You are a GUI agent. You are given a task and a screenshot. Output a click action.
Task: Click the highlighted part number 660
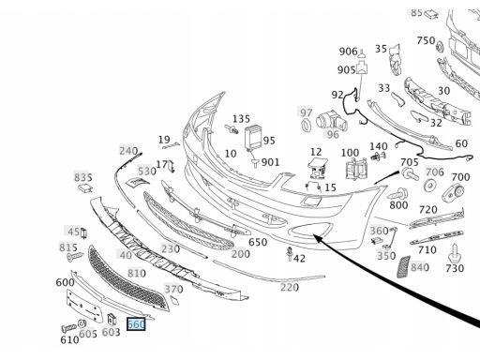click(136, 324)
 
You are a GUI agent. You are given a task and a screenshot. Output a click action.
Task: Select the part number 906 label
click(348, 52)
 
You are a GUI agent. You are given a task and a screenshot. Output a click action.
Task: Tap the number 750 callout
click(426, 40)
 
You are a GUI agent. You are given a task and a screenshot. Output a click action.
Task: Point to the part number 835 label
click(82, 177)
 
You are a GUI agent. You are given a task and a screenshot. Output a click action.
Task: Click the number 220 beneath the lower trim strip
click(290, 287)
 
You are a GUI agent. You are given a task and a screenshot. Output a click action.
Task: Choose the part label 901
click(270, 162)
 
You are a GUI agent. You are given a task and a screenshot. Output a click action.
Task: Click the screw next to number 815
click(75, 257)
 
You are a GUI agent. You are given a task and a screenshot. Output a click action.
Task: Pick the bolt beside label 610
click(68, 328)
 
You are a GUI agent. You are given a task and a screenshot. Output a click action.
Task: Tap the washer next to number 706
click(429, 186)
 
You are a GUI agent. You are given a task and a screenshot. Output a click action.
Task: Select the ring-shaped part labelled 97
click(306, 126)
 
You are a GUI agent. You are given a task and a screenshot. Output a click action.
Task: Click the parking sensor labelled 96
click(331, 121)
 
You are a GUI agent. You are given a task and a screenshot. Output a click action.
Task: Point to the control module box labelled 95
click(253, 138)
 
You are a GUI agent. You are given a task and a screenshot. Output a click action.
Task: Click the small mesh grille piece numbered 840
click(403, 266)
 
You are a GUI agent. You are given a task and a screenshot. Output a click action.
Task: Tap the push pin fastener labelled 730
click(455, 253)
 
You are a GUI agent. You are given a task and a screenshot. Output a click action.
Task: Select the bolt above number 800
click(397, 194)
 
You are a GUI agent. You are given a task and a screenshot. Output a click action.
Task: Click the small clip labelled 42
click(290, 254)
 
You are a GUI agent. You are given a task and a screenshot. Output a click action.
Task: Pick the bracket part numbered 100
click(356, 169)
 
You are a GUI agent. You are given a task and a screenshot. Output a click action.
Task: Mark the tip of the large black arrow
click(313, 234)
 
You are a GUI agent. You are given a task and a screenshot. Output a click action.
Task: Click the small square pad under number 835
click(85, 187)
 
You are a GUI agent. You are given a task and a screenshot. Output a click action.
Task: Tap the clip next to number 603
click(112, 319)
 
